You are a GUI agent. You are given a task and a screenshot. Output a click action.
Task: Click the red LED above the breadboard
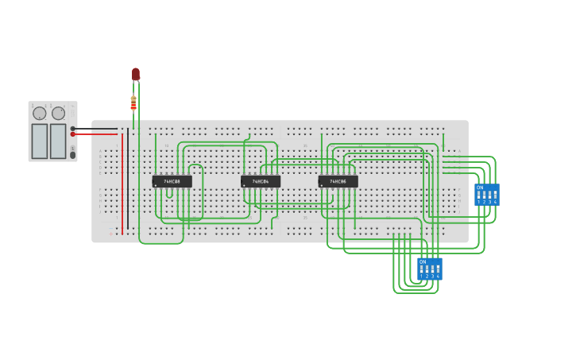136,74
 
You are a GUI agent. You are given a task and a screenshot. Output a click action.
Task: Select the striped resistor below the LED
133,103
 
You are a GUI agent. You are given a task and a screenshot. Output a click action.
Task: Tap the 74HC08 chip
172,181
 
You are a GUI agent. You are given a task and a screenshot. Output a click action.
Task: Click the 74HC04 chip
261,181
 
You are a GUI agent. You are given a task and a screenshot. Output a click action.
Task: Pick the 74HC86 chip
338,181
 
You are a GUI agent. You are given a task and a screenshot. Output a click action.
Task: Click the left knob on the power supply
40,114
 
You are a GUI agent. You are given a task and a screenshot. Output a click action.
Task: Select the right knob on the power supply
59,114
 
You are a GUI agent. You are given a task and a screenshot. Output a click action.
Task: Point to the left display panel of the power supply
40,141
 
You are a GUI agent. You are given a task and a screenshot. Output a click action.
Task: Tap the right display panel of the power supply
58,141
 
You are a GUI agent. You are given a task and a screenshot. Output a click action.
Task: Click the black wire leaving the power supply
95,128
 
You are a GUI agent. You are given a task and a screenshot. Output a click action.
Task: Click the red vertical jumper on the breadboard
122,183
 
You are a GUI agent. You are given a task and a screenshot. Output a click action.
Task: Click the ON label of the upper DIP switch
480,188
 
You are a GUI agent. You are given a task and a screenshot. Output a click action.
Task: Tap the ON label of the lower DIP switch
423,261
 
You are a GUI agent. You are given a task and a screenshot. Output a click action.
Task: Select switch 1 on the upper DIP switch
479,195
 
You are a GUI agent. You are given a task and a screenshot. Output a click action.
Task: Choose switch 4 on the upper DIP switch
495,195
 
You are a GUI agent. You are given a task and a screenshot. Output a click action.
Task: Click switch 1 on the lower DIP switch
422,269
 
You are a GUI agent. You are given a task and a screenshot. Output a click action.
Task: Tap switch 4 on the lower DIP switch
438,269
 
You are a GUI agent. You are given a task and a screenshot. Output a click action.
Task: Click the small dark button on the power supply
73,155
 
